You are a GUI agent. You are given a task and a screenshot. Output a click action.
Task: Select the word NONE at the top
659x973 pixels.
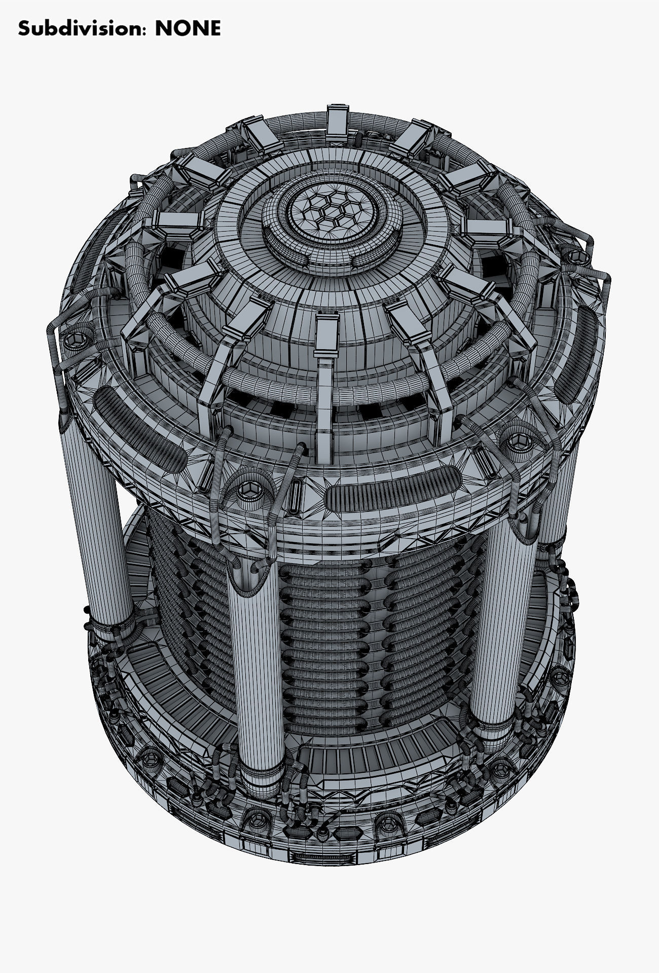[188, 28]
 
